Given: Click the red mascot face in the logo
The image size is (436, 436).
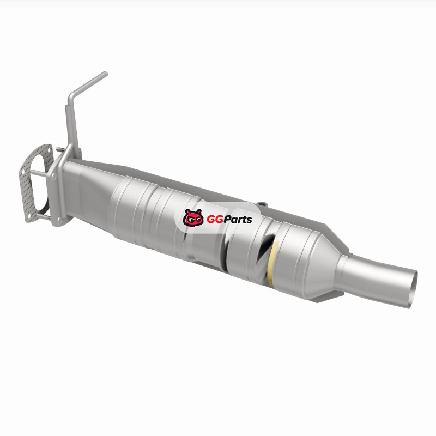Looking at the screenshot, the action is [193, 217].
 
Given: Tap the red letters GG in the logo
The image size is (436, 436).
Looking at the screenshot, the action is [215, 220].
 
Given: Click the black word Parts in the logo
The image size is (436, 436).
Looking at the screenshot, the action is [238, 219].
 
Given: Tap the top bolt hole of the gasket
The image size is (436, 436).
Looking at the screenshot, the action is [49, 150].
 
